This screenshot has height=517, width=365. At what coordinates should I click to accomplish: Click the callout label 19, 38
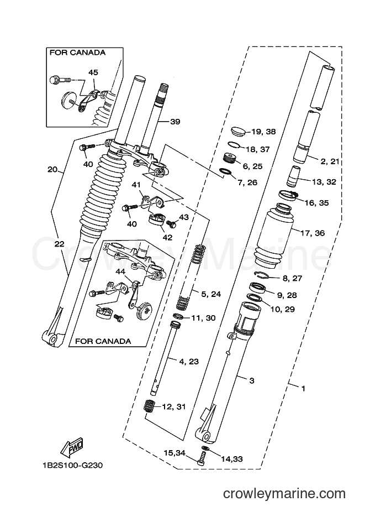(x=263, y=132)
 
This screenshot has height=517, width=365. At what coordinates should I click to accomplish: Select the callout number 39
(x=175, y=122)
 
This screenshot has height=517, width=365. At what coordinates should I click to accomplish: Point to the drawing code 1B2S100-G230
(x=72, y=466)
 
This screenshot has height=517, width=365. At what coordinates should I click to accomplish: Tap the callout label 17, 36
(x=313, y=233)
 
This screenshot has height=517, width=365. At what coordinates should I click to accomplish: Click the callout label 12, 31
(x=174, y=407)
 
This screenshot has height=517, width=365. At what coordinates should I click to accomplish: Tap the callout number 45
(x=93, y=72)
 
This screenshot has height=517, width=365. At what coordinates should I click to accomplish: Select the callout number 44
(x=120, y=271)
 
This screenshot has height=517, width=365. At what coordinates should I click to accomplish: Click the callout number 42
(x=167, y=237)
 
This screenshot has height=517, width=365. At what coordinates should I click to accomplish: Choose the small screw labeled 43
(x=171, y=224)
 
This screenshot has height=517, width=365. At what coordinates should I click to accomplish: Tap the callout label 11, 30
(x=203, y=318)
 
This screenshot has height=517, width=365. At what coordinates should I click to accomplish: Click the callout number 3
(x=252, y=381)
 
